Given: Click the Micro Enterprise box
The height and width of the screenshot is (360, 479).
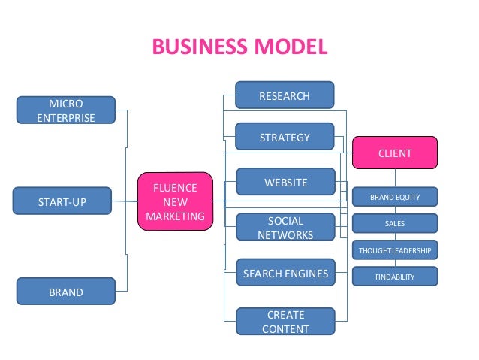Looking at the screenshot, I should tap(66, 110).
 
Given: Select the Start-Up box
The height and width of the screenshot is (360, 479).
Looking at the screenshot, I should tap(63, 201).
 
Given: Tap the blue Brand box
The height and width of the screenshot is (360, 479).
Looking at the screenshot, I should tap(66, 292).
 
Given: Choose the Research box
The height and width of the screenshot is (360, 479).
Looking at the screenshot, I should tap(285, 95).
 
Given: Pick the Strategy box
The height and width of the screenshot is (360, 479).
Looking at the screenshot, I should tap(285, 137).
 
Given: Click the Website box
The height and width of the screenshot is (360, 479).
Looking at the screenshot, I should tap(285, 182).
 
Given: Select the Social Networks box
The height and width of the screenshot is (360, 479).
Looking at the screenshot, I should tap(285, 228).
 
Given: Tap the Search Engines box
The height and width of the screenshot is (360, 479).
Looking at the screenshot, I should tap(285, 274).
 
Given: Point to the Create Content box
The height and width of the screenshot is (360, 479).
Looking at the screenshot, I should tap(285, 321).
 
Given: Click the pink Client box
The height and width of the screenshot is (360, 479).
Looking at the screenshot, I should tap(395, 153).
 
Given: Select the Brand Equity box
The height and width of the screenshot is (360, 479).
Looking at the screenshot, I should tap(395, 198).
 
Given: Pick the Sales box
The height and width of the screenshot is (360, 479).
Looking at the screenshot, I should tap(395, 223).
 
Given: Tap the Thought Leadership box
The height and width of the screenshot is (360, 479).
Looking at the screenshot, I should tap(395, 250).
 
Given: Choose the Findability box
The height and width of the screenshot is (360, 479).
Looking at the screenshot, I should tap(395, 277).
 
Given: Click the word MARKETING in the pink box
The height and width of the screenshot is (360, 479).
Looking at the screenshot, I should tap(175, 216).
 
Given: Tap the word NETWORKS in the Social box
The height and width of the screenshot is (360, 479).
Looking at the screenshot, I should tap(285, 234).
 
